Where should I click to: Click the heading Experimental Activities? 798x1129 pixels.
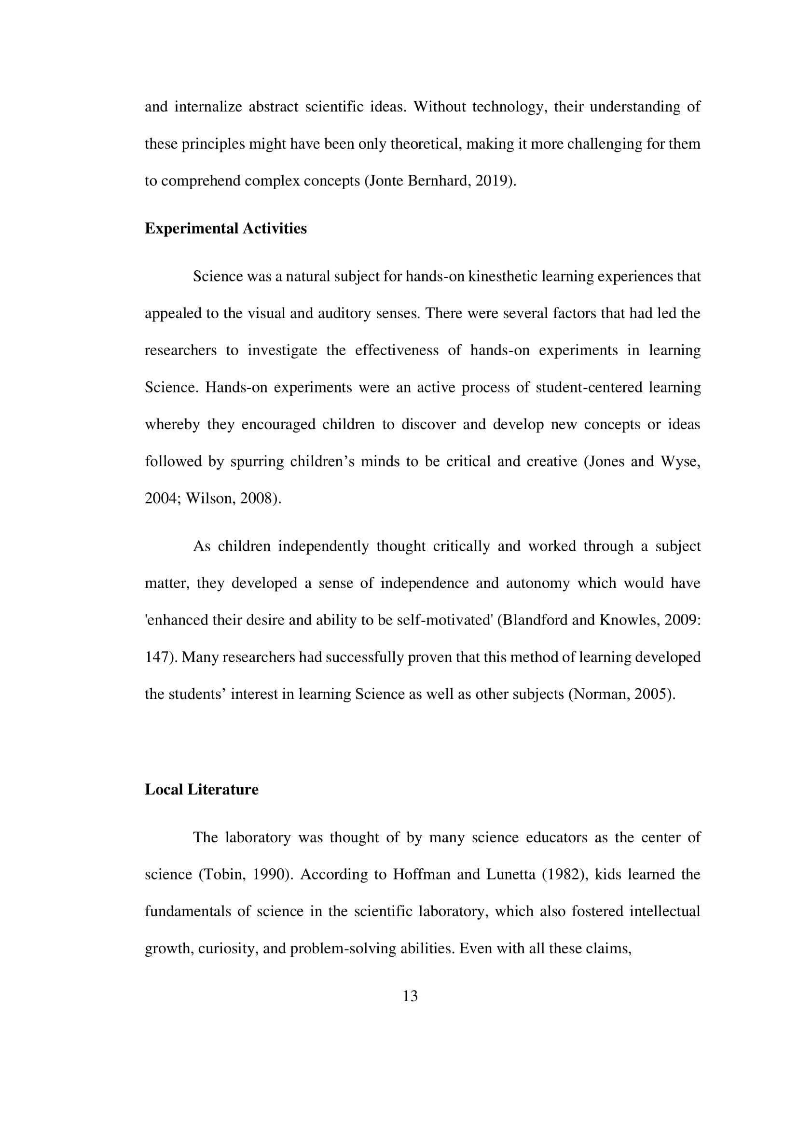[225, 229]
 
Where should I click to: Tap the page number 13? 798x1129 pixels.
[410, 996]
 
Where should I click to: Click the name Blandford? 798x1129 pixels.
[535, 620]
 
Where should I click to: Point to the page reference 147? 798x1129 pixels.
[156, 657]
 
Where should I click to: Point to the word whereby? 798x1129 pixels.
[172, 424]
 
